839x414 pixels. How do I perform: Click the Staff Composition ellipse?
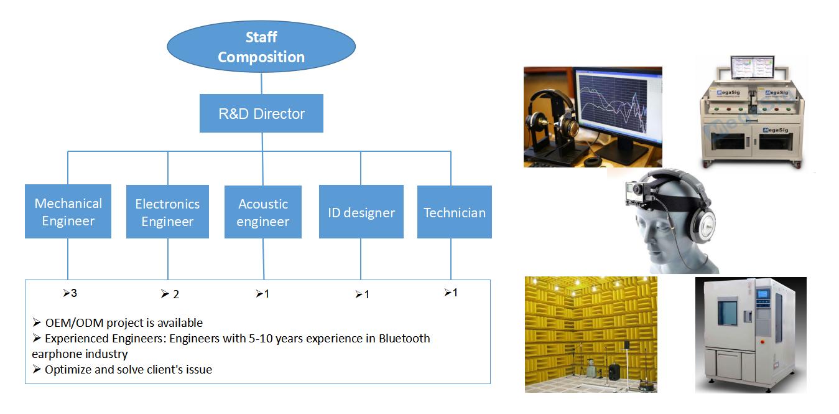pos(261,47)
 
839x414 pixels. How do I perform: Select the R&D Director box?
pos(261,113)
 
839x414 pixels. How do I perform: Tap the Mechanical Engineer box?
pos(68,212)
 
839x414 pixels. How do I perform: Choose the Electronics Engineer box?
pos(167,212)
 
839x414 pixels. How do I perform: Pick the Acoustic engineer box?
pos(263,212)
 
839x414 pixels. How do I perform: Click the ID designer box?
pos(361,212)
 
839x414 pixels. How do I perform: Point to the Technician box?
pos(455,212)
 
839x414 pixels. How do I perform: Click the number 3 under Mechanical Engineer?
pos(74,293)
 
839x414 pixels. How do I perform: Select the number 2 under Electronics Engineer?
pos(176,294)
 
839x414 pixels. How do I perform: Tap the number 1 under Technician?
pos(455,293)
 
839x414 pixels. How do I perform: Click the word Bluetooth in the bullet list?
pos(404,338)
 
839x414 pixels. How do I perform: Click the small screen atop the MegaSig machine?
pos(753,67)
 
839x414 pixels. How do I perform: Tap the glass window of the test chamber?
pos(727,313)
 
